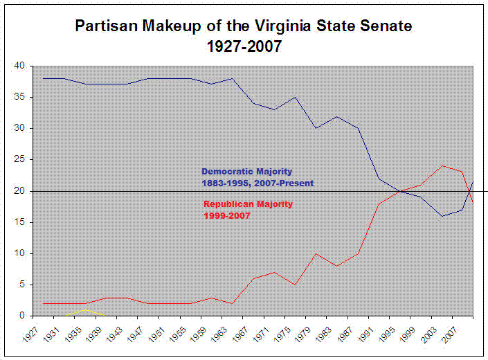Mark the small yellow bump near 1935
(84, 310)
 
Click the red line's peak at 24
(441, 165)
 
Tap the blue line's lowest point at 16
(441, 216)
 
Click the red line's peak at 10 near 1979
(316, 253)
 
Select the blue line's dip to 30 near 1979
(316, 128)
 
